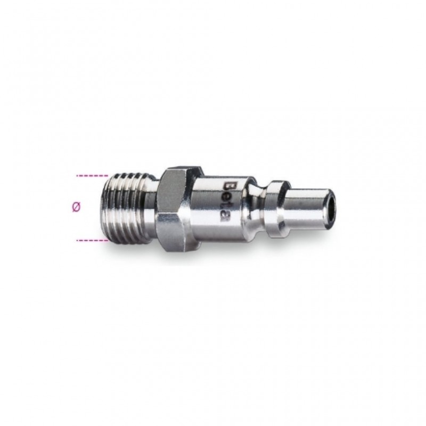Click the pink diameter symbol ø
pos(77,207)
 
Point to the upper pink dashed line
pos(92,176)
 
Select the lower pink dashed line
pos(92,240)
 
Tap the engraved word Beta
pos(227,202)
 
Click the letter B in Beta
pos(227,186)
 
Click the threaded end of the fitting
pos(128,208)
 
